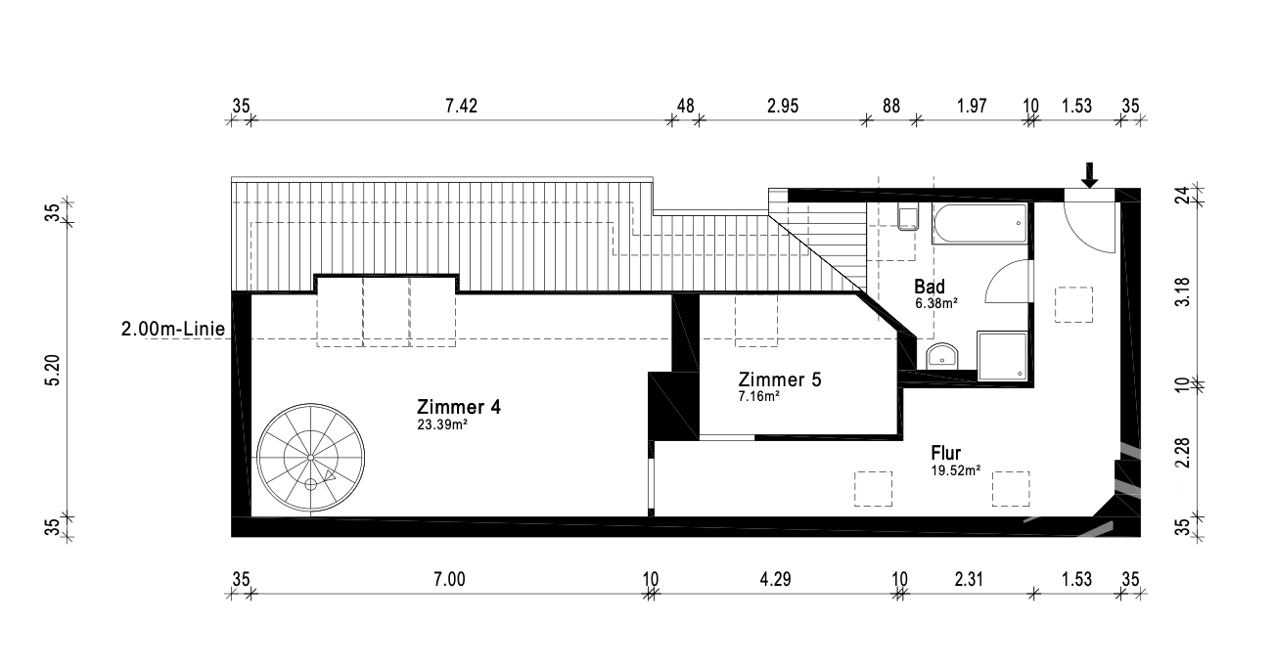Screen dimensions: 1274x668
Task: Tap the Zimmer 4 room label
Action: coord(458,407)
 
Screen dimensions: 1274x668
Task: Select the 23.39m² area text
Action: coord(442,424)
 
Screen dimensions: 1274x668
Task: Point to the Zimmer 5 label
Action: coord(780,379)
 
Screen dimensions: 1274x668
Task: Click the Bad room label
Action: coord(930,287)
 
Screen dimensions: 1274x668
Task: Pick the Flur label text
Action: coord(946,453)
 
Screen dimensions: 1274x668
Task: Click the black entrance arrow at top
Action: coord(1089,175)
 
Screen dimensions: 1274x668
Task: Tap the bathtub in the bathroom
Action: coord(979,223)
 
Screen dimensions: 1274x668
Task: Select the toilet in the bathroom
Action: coord(908,219)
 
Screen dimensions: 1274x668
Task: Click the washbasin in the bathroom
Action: coord(942,356)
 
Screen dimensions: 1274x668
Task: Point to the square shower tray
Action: coord(1002,356)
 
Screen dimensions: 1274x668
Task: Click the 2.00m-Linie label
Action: coord(173,330)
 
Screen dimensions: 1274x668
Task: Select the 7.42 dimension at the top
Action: coord(461,107)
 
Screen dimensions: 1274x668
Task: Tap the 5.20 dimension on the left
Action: coord(52,370)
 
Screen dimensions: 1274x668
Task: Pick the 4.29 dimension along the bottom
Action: coord(775,579)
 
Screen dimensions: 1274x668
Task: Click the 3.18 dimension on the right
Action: coord(1182,291)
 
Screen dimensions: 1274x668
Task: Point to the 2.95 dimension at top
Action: coord(783,107)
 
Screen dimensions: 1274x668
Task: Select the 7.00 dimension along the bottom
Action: coord(449,579)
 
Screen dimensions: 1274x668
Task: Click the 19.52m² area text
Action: coord(955,470)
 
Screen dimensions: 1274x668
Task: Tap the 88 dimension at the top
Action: coord(891,107)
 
